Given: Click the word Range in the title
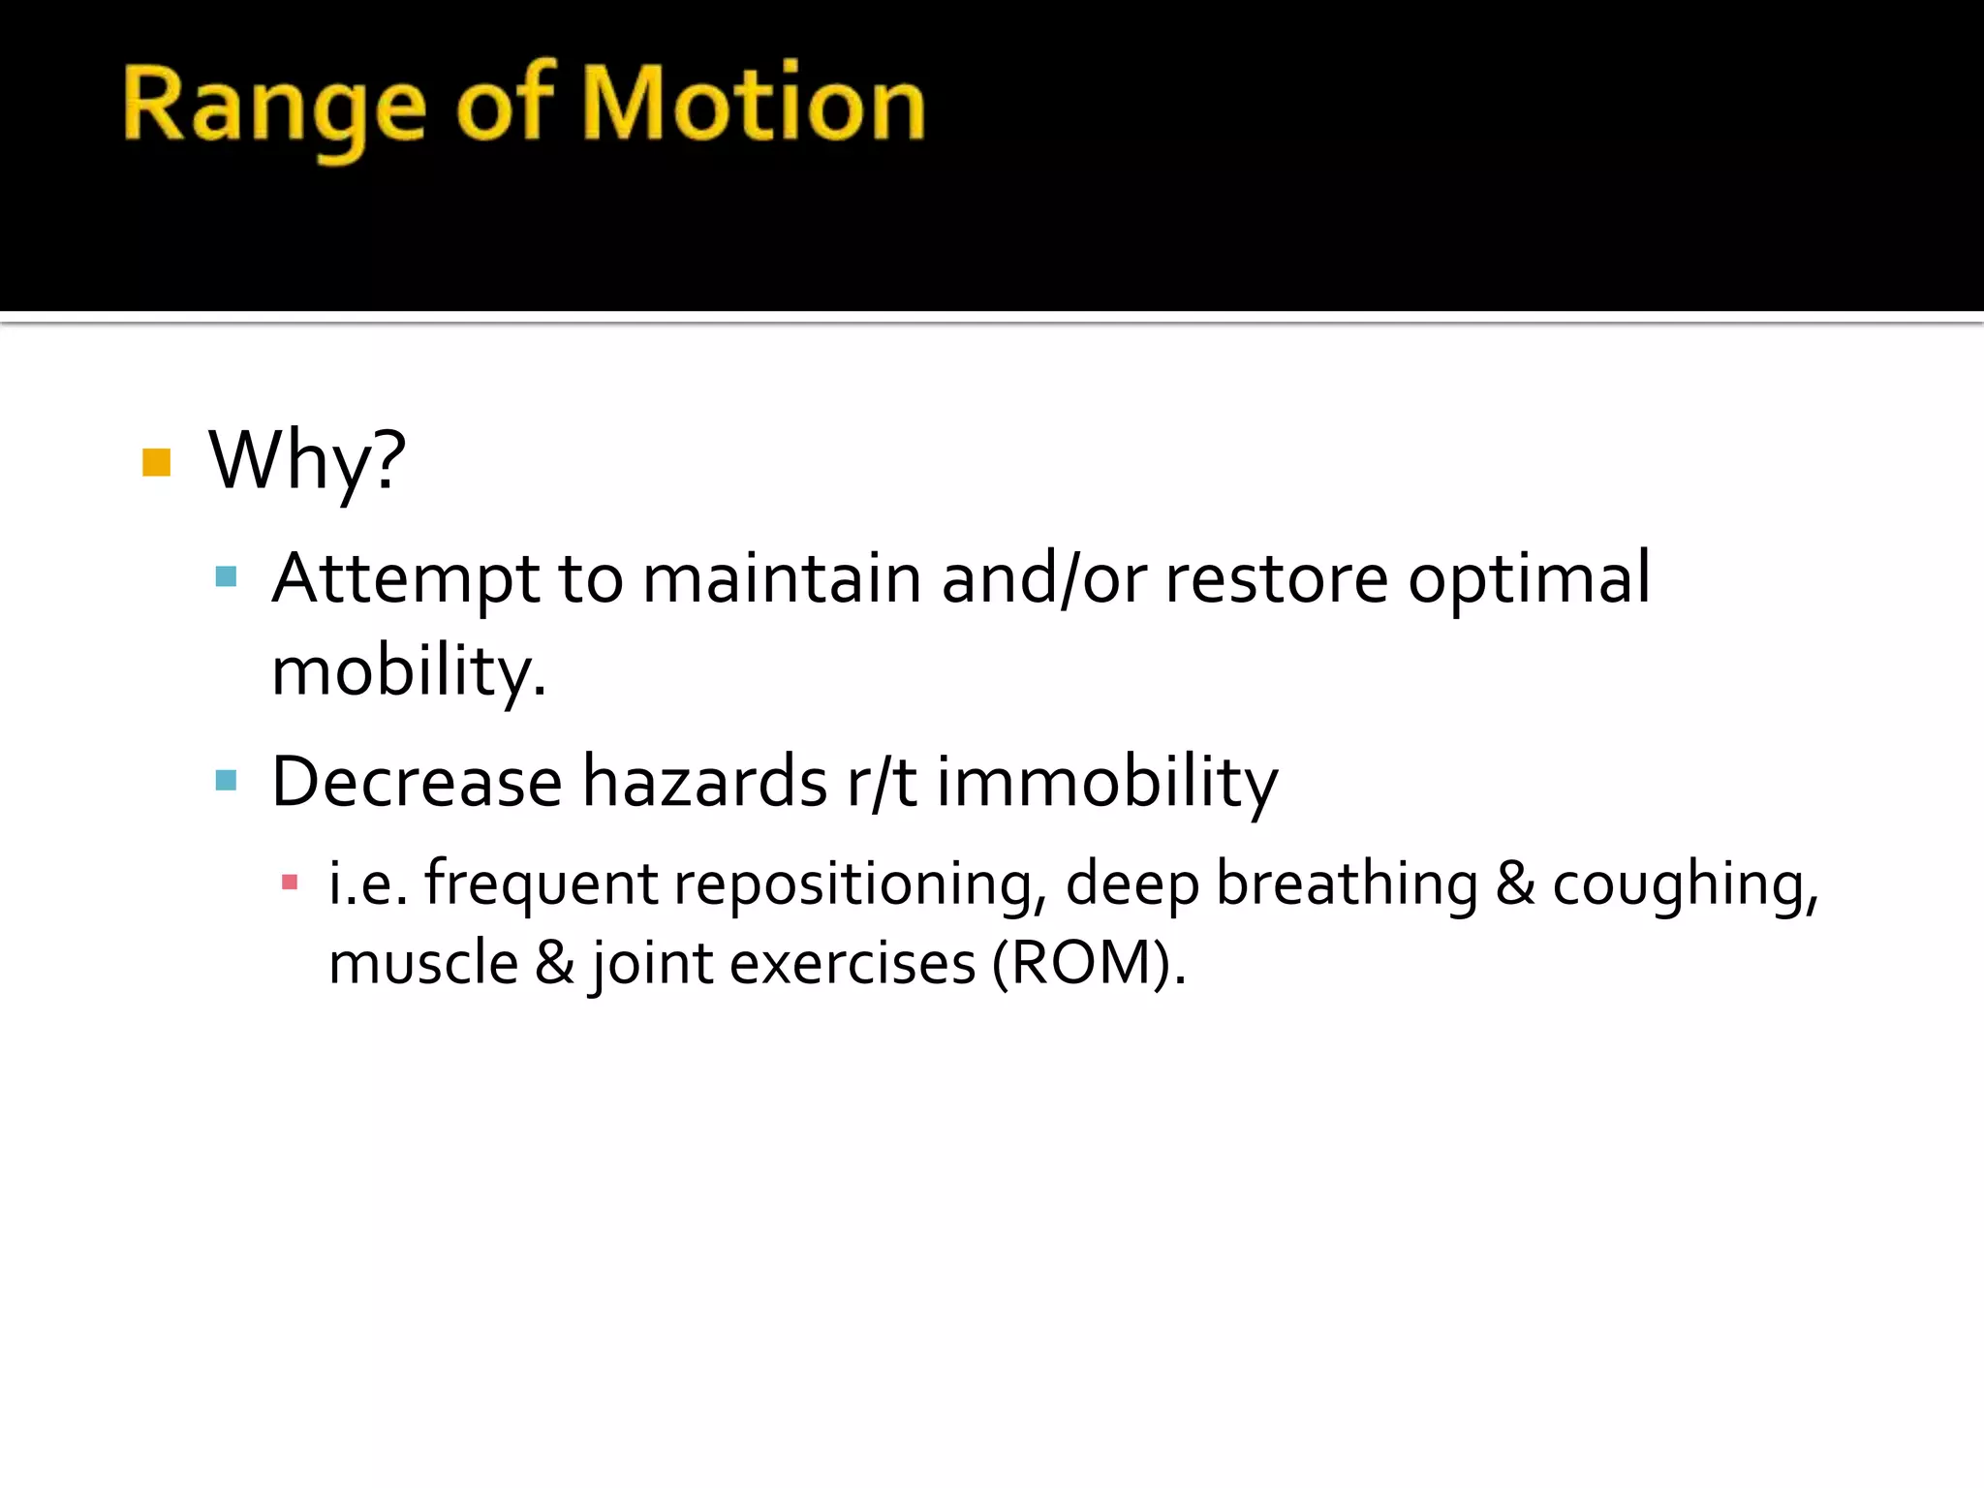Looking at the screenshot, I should coord(274,108).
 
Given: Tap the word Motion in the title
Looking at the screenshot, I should coord(755,104).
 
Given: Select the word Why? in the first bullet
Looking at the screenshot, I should coord(307,461).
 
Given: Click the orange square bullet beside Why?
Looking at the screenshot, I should coord(157,462).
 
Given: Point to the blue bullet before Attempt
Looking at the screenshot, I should coord(227,577).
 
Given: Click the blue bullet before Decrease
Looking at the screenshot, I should coord(227,780).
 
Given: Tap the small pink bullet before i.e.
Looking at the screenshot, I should coord(289,882).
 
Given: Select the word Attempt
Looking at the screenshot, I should coord(405,580).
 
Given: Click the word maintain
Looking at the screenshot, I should coord(782,578).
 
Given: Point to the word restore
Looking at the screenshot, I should coord(1276,578).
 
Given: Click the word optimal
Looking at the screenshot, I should coord(1529,580).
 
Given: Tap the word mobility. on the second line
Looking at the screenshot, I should coord(409,671).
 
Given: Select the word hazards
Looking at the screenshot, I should coord(704,782).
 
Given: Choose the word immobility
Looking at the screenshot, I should coord(1107,782).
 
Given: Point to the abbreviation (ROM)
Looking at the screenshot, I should coord(1088,964).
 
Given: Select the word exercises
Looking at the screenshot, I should coord(852,964).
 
